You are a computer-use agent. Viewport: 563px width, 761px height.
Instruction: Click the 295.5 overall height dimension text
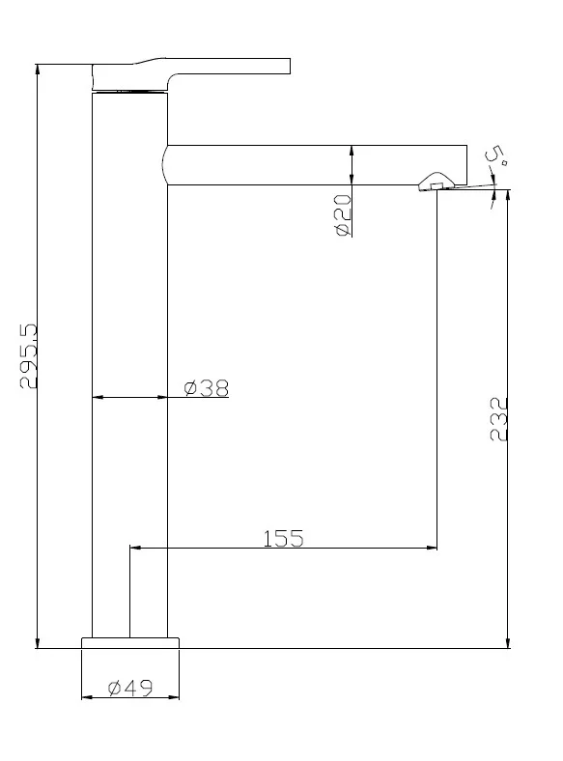coord(28,355)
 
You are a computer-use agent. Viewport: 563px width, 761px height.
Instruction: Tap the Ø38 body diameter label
coord(207,388)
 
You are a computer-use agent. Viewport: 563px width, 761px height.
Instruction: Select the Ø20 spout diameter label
coord(342,215)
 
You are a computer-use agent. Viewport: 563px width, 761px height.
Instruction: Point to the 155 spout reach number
coord(284,538)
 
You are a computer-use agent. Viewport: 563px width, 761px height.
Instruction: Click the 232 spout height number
coord(498,419)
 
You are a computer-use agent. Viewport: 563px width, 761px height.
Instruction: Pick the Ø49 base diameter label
coord(130,688)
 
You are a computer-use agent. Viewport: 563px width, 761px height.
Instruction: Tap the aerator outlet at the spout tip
coord(436,182)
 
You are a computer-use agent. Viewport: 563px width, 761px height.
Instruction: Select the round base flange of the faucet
coord(130,642)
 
